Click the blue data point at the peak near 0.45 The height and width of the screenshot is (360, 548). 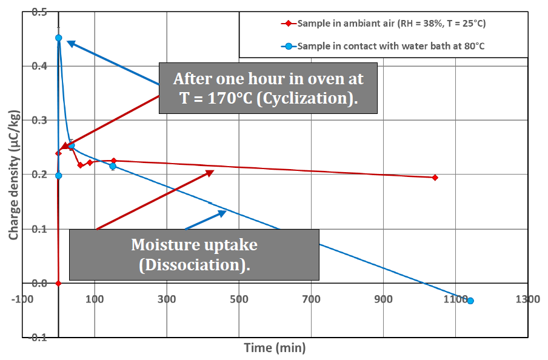pos(59,38)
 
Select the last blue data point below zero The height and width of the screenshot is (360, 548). pos(470,301)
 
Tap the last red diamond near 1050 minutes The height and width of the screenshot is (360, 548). pos(435,178)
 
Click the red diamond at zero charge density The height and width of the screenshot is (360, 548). pos(58,283)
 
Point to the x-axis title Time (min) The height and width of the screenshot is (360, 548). pos(275,348)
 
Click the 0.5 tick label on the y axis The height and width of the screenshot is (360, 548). pos(41,12)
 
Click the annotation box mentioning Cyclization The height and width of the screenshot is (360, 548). pos(268,88)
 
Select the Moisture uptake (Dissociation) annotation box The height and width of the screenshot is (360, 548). pos(194,254)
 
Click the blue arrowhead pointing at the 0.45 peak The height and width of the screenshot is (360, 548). pos(70,44)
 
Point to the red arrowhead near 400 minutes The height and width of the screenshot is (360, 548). pos(209,173)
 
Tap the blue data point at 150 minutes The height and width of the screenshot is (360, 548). pos(113,166)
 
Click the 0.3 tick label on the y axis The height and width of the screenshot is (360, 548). pos(41,121)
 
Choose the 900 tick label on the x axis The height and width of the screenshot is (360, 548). pos(383,299)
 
